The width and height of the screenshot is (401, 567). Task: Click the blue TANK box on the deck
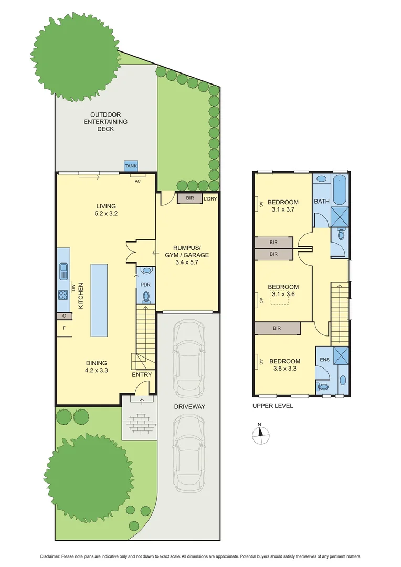coord(130,166)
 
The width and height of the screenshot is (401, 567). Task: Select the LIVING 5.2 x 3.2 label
coord(105,209)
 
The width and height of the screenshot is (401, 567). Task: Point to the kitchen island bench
coord(99,300)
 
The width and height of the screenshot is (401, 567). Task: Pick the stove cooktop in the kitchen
coord(63,294)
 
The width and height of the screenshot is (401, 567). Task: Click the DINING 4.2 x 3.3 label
coord(97,366)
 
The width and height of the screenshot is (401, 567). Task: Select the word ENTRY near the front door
coord(142,375)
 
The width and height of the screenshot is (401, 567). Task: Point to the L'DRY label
coord(209,199)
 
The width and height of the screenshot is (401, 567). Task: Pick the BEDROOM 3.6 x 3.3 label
coord(284,365)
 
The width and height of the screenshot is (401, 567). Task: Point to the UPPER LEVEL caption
coord(272,406)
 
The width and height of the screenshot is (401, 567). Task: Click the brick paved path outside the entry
coord(139,421)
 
